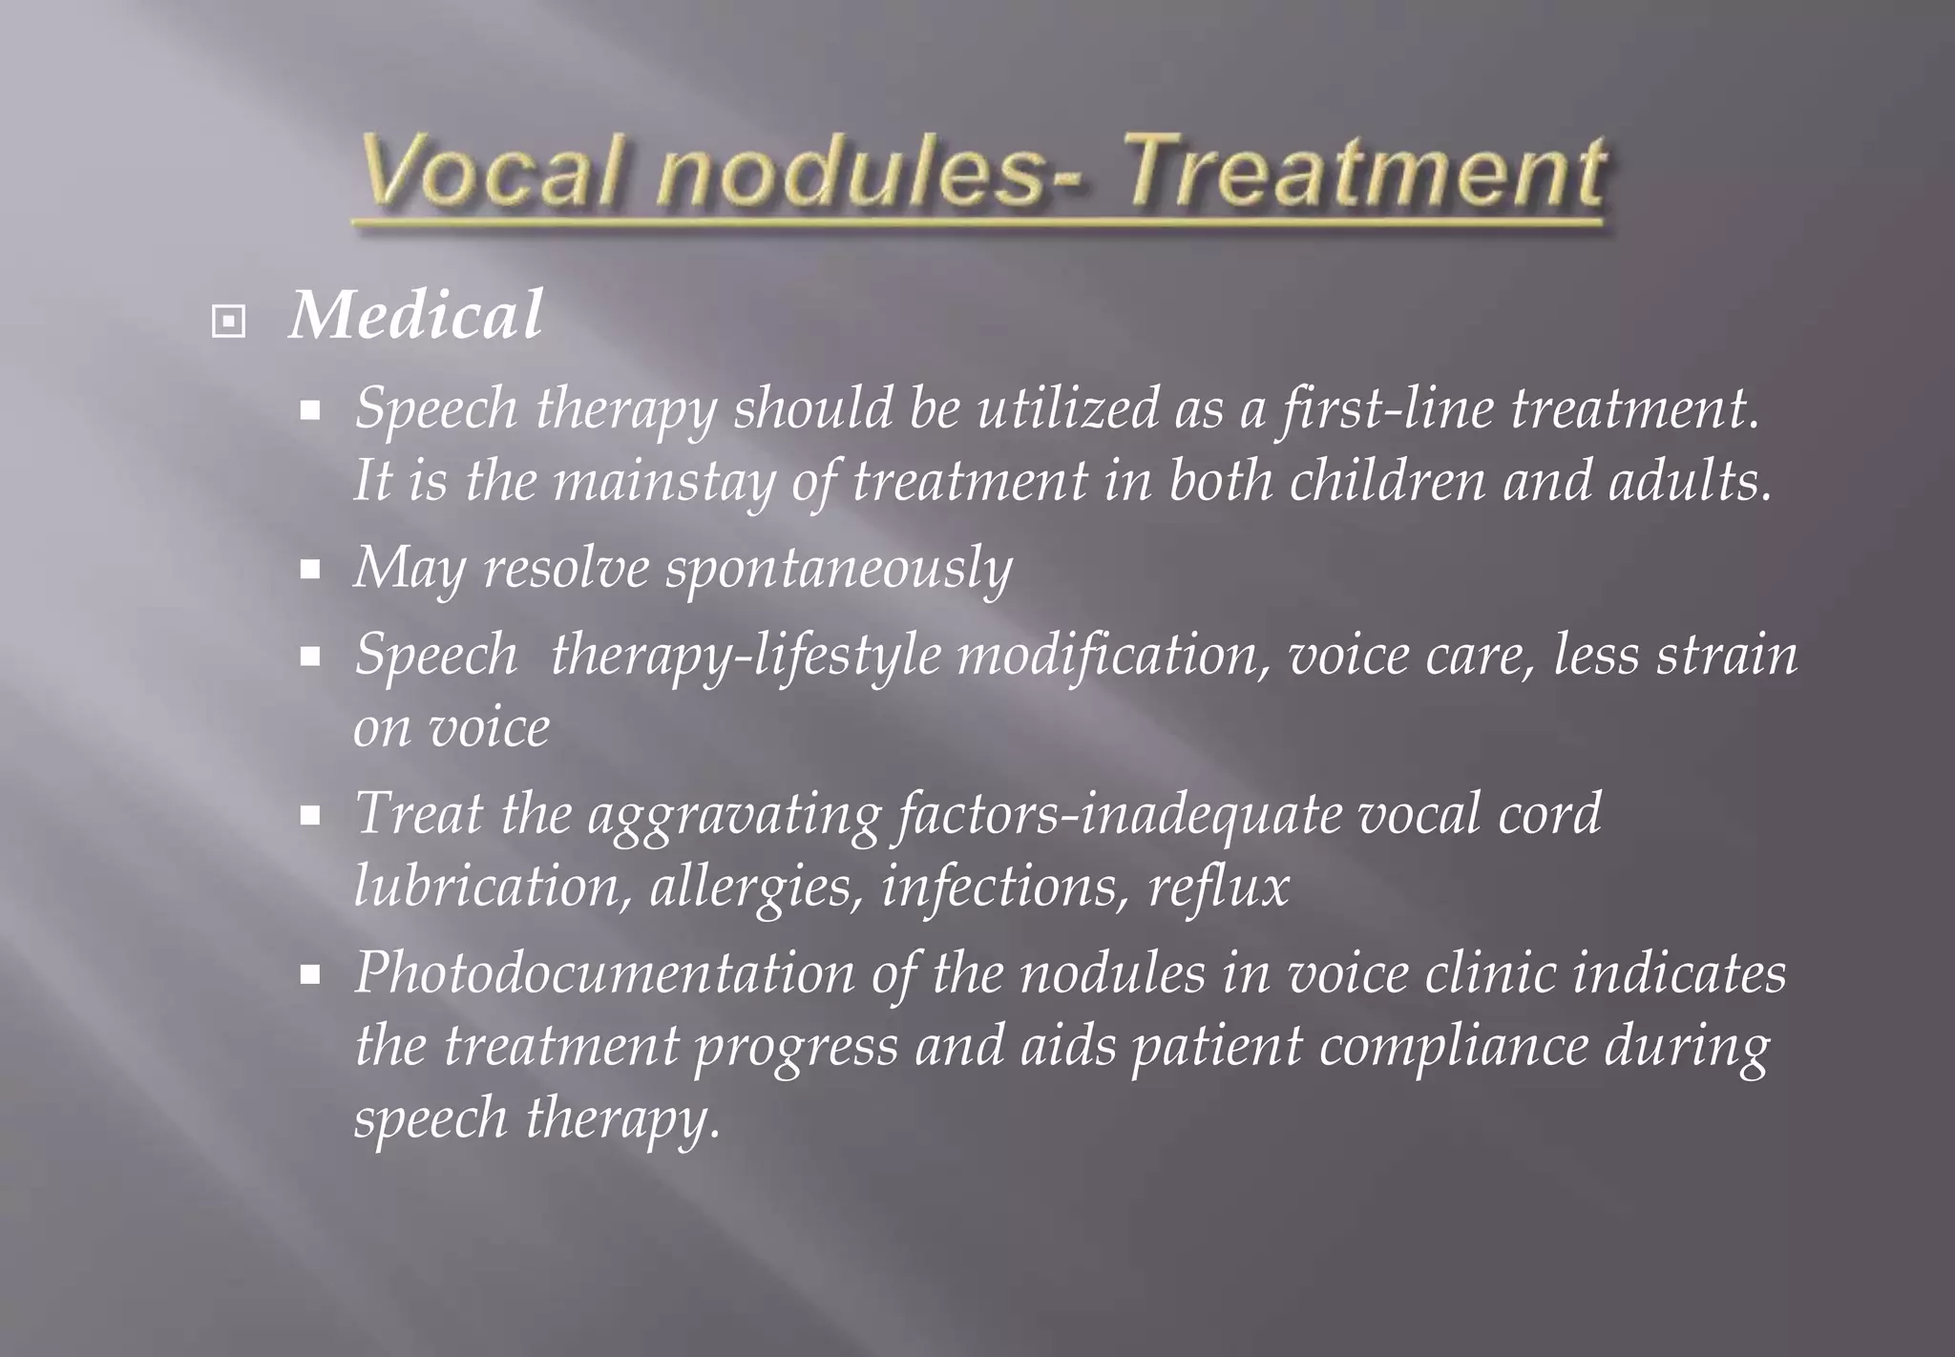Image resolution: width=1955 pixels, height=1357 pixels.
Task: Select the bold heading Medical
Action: point(416,315)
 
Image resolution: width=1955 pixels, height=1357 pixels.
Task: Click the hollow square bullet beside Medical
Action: point(228,322)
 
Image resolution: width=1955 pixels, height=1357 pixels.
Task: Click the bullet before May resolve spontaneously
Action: point(309,571)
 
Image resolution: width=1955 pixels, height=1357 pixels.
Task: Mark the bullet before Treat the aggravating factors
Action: point(309,816)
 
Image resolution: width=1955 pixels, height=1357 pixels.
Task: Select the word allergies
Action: point(755,887)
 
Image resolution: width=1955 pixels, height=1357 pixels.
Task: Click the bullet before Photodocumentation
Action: point(309,975)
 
